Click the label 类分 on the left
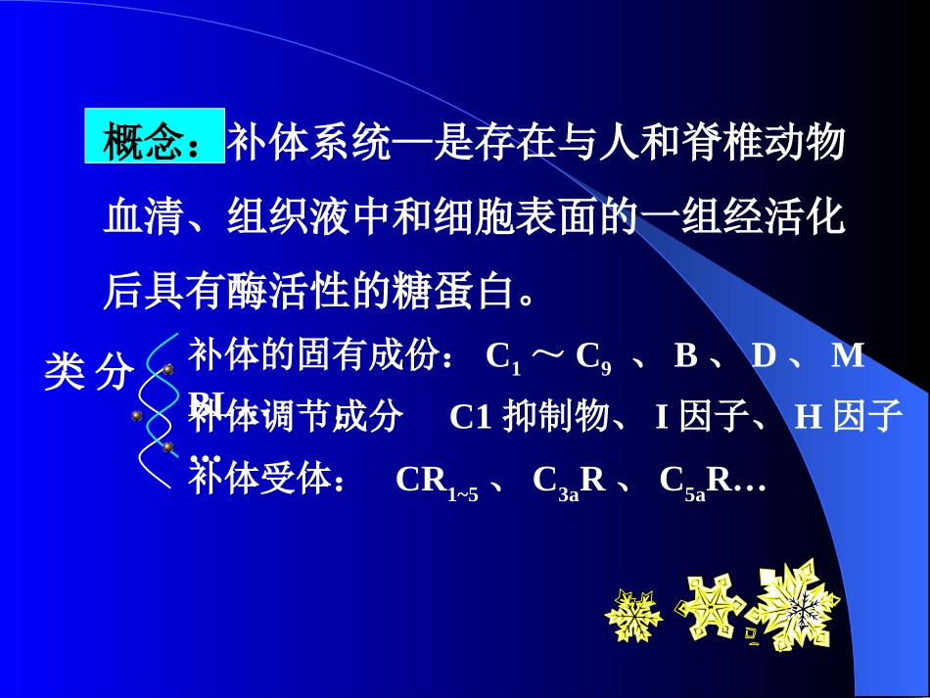coord(88,372)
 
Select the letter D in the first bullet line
coord(763,355)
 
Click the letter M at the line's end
coord(848,355)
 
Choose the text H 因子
coord(848,417)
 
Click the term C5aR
coord(696,483)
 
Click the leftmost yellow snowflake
coord(633,615)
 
